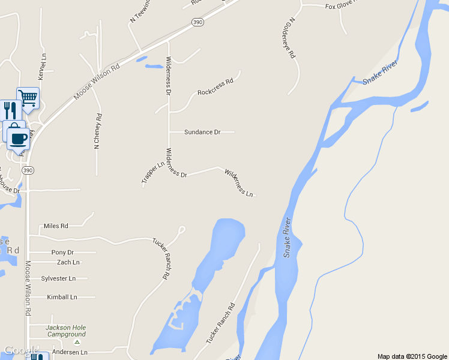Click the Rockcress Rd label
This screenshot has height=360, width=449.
click(215, 92)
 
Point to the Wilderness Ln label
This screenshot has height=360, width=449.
click(239, 183)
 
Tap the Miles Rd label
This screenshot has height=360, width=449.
click(56, 226)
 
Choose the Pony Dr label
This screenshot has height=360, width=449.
click(62, 253)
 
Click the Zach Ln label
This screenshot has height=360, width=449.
click(68, 262)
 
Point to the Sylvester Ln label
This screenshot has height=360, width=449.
click(58, 279)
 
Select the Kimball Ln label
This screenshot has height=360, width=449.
click(62, 297)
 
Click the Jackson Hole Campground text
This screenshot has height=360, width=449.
click(66, 331)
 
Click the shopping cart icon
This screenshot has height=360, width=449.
click(28, 97)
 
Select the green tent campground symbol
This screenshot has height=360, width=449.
click(76, 341)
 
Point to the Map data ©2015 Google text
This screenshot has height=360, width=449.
click(411, 356)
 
